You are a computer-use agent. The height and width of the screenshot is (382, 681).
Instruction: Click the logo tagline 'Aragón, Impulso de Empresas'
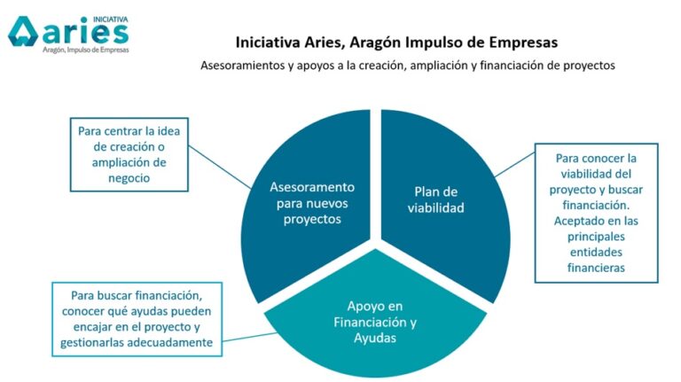coord(85,51)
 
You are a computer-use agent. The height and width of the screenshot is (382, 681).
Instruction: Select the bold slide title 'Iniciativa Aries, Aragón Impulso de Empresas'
coord(396,42)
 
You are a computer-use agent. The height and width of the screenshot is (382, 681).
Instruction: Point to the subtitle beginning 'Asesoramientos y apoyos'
coord(407,66)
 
